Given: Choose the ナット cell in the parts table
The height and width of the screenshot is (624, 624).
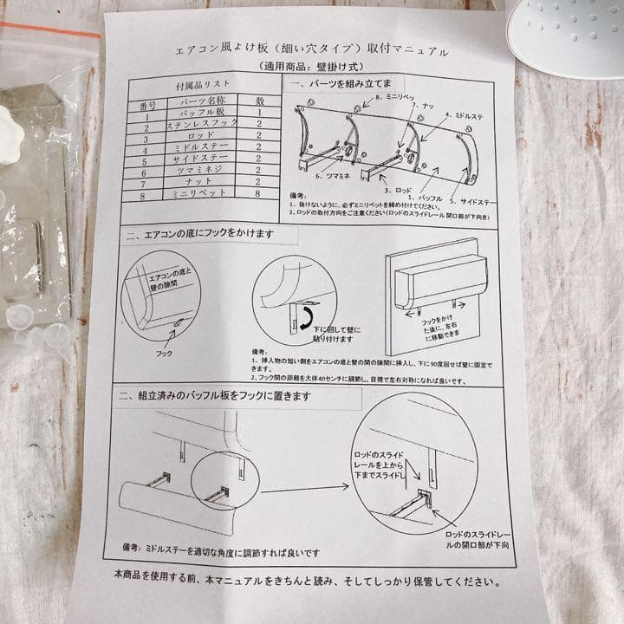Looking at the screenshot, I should (205, 184).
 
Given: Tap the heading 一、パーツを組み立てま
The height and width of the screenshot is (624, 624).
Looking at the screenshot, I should (345, 87).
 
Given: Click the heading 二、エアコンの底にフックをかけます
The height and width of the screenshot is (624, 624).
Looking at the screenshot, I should (200, 235).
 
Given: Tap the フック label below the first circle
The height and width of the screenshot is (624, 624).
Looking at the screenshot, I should (165, 354).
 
